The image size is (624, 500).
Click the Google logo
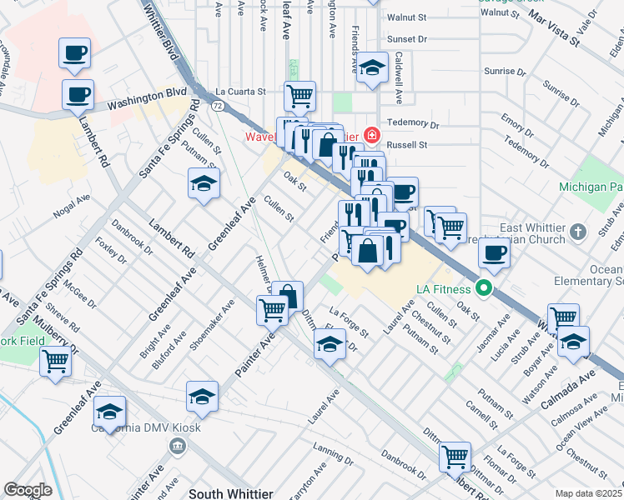[x=28, y=490]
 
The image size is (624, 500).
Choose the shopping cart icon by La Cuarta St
[x=299, y=96]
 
